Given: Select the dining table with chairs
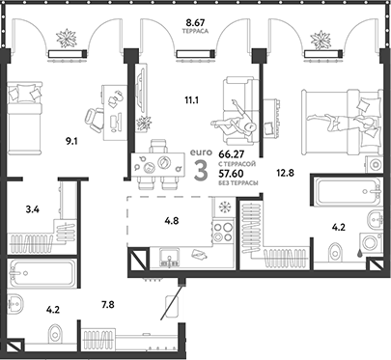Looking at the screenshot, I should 160,165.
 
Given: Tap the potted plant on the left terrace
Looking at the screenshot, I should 70,39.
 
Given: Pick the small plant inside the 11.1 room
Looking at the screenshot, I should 145,123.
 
